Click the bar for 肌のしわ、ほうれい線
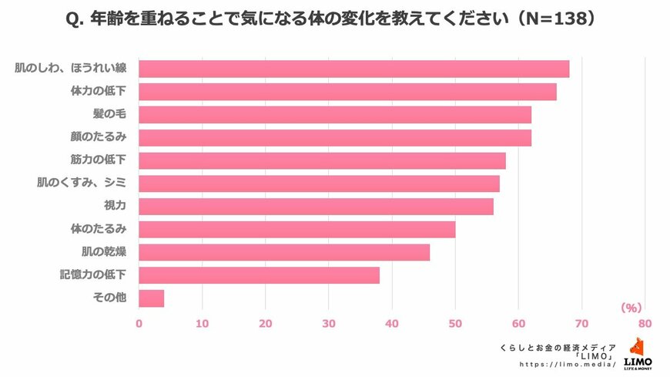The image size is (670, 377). click(x=353, y=69)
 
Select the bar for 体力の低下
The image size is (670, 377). click(x=347, y=92)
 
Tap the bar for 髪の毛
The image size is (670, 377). click(x=335, y=115)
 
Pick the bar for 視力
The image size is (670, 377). click(x=316, y=207)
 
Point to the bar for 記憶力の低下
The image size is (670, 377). click(x=259, y=275)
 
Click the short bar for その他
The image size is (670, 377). click(x=151, y=298)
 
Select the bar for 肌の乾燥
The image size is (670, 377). click(x=284, y=252)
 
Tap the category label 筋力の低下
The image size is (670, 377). click(x=99, y=160)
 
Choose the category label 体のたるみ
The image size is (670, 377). click(x=99, y=229)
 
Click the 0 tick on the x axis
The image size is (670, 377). click(x=139, y=324)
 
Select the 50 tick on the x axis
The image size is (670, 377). click(x=455, y=324)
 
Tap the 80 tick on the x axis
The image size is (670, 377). click(x=645, y=324)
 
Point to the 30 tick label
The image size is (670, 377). click(x=329, y=324)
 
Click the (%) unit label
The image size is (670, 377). click(x=631, y=308)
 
